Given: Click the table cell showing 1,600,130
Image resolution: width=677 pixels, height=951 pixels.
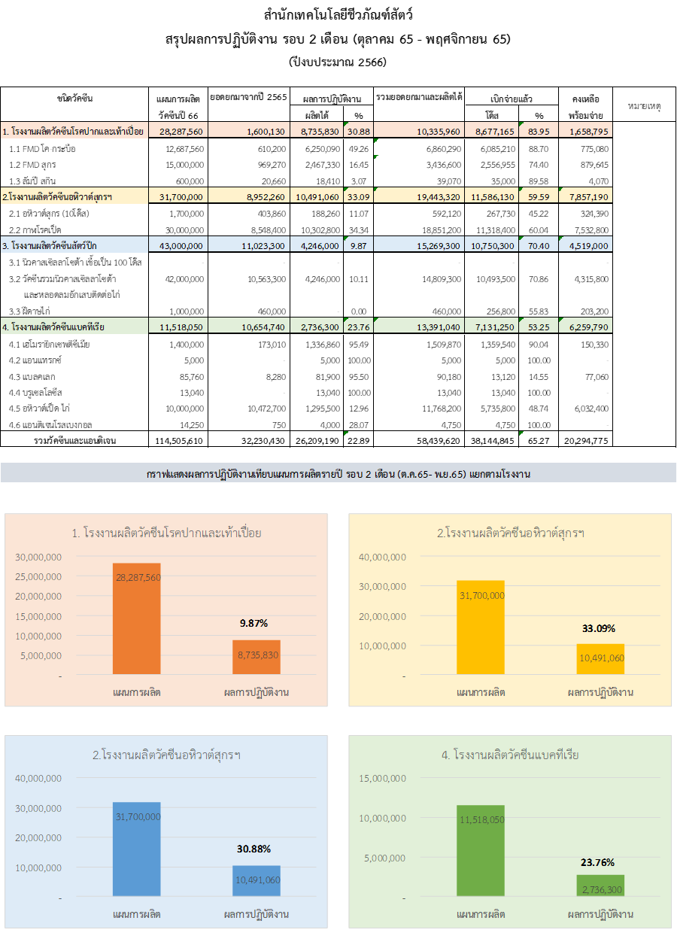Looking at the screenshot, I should click(x=248, y=131).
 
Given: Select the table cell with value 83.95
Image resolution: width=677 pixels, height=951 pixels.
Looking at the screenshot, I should click(x=538, y=131).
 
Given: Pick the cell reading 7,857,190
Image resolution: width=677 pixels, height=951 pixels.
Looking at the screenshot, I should click(x=585, y=196).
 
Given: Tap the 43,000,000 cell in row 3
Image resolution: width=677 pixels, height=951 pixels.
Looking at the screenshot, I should click(x=178, y=245).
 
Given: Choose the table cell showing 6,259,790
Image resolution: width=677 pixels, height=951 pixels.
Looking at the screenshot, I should click(x=585, y=327).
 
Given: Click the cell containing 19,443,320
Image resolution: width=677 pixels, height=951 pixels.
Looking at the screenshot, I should click(x=418, y=196).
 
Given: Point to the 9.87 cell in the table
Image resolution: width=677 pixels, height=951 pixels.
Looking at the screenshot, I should click(x=357, y=245).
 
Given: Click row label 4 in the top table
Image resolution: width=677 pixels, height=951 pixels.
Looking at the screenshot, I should click(x=74, y=327).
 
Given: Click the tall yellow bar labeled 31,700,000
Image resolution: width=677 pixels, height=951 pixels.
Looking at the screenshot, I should click(x=481, y=627).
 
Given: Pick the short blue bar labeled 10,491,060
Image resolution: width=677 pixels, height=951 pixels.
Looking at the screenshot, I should click(x=257, y=880).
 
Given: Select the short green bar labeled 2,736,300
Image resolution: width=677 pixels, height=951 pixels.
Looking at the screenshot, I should click(x=601, y=885).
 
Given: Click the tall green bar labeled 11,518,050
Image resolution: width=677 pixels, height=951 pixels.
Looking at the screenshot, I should click(x=481, y=850).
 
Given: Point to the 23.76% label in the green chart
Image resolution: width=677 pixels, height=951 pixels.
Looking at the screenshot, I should click(x=597, y=862).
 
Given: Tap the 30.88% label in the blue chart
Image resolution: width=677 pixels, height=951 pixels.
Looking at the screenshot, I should click(x=253, y=849).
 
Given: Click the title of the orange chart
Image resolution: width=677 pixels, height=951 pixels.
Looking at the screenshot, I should click(x=166, y=533).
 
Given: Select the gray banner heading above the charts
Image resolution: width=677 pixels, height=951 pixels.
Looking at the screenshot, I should click(x=338, y=474).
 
